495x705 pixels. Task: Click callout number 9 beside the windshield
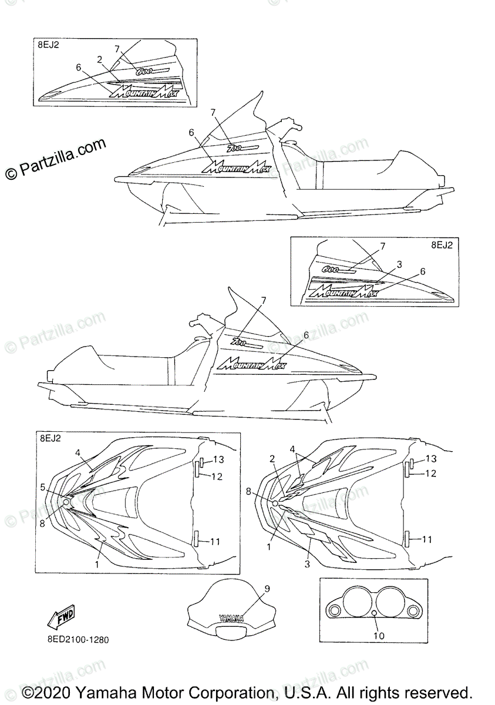point(267,587)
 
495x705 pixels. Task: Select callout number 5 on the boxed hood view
point(43,487)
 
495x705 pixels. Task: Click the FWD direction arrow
point(62,616)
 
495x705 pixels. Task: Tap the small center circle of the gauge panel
point(374,615)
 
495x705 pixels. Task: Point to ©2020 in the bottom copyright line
point(48,692)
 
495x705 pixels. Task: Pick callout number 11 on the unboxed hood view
point(427,539)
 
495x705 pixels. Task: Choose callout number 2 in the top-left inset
point(100,59)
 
